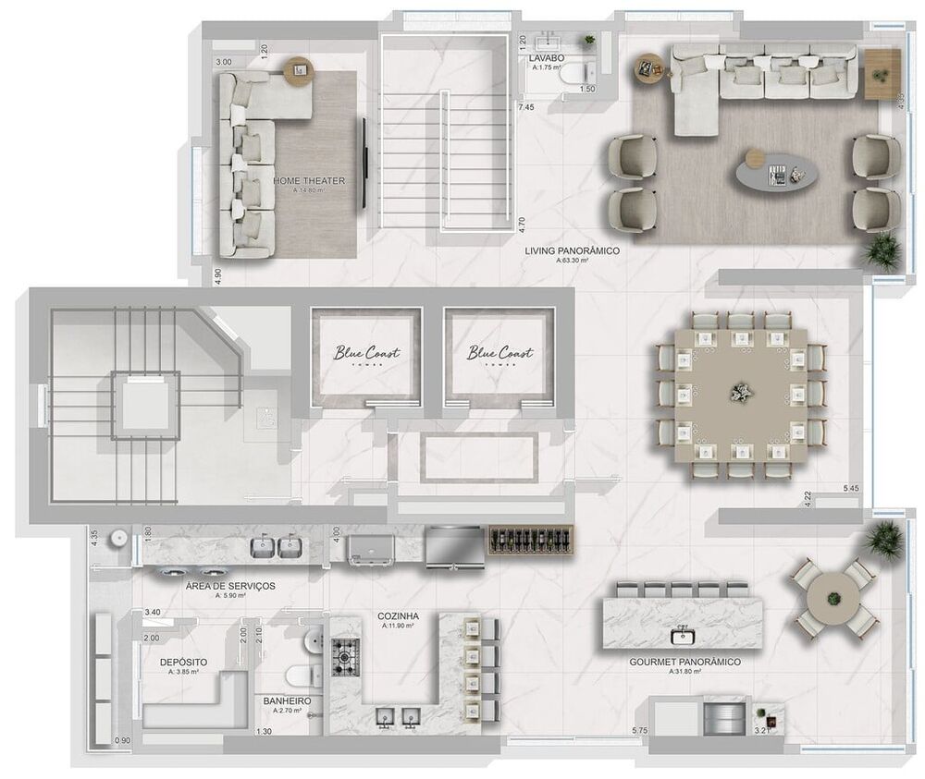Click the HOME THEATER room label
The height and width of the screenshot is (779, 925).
(309, 181)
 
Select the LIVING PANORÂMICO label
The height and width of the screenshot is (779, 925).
(572, 250)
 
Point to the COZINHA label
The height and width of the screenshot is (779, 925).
(399, 615)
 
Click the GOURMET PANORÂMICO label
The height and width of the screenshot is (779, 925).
(684, 663)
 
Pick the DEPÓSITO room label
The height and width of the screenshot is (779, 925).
(183, 663)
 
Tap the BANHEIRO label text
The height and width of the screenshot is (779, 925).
(287, 702)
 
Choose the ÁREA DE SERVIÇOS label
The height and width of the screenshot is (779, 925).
(230, 586)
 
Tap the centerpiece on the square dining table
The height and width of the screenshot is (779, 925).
(741, 392)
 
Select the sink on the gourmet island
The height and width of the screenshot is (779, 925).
(683, 635)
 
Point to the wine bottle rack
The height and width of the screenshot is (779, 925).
(531, 538)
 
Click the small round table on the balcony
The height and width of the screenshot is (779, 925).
(833, 601)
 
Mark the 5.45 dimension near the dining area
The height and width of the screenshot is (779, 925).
(853, 487)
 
